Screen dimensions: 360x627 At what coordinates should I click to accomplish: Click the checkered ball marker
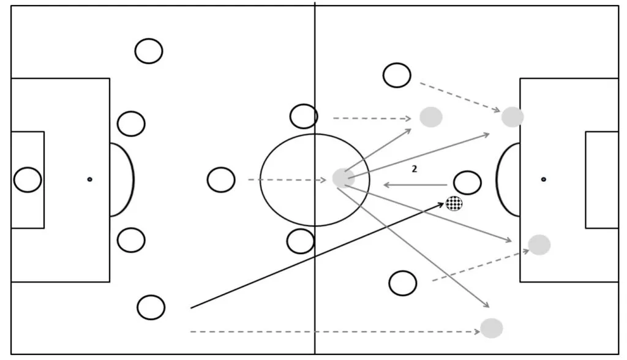pyautogui.click(x=454, y=203)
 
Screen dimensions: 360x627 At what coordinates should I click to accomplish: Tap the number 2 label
pyautogui.click(x=415, y=170)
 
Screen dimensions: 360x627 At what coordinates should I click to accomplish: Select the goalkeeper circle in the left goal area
pyautogui.click(x=28, y=179)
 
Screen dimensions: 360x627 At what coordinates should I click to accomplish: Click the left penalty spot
pyautogui.click(x=89, y=179)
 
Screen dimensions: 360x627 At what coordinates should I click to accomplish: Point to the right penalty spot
pyautogui.click(x=543, y=179)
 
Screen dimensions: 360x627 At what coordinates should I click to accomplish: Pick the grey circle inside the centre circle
pyautogui.click(x=343, y=178)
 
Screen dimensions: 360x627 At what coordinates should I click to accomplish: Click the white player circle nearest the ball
pyautogui.click(x=467, y=182)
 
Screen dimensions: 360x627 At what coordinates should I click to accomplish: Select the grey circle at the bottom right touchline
pyautogui.click(x=491, y=328)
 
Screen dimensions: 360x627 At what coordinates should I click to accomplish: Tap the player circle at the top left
pyautogui.click(x=149, y=51)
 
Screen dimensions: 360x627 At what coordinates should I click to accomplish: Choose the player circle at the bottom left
pyautogui.click(x=151, y=307)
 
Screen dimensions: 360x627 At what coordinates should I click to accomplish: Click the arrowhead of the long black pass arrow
pyautogui.click(x=443, y=204)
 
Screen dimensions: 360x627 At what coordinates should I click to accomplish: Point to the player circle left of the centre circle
pyautogui.click(x=221, y=180)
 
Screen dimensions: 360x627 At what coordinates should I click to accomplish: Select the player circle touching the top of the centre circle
pyautogui.click(x=304, y=116)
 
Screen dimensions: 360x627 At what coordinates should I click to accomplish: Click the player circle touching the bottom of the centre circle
pyautogui.click(x=301, y=241)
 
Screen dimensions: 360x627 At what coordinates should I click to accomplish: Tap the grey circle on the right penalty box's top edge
pyautogui.click(x=512, y=117)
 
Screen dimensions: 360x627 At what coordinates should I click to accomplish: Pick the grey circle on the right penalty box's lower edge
pyautogui.click(x=539, y=245)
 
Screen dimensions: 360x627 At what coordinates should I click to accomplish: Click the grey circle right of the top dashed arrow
pyautogui.click(x=431, y=117)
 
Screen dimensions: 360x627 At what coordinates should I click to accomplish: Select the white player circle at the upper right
pyautogui.click(x=397, y=75)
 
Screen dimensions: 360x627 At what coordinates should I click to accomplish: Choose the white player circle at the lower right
pyautogui.click(x=402, y=283)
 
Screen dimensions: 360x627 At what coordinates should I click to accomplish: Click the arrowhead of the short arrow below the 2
pyautogui.click(x=385, y=185)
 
